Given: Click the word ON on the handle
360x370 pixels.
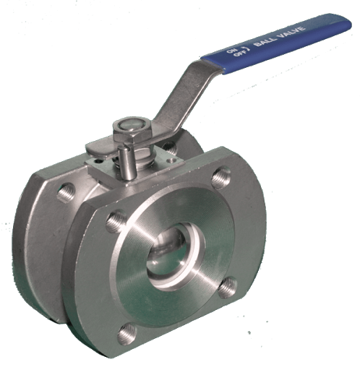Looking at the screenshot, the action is tap(231, 51).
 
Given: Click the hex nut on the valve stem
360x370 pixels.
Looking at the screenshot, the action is tap(132, 132).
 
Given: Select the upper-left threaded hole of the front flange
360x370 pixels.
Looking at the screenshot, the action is tap(115, 221).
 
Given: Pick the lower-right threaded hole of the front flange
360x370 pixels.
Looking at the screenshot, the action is tap(228, 288).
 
